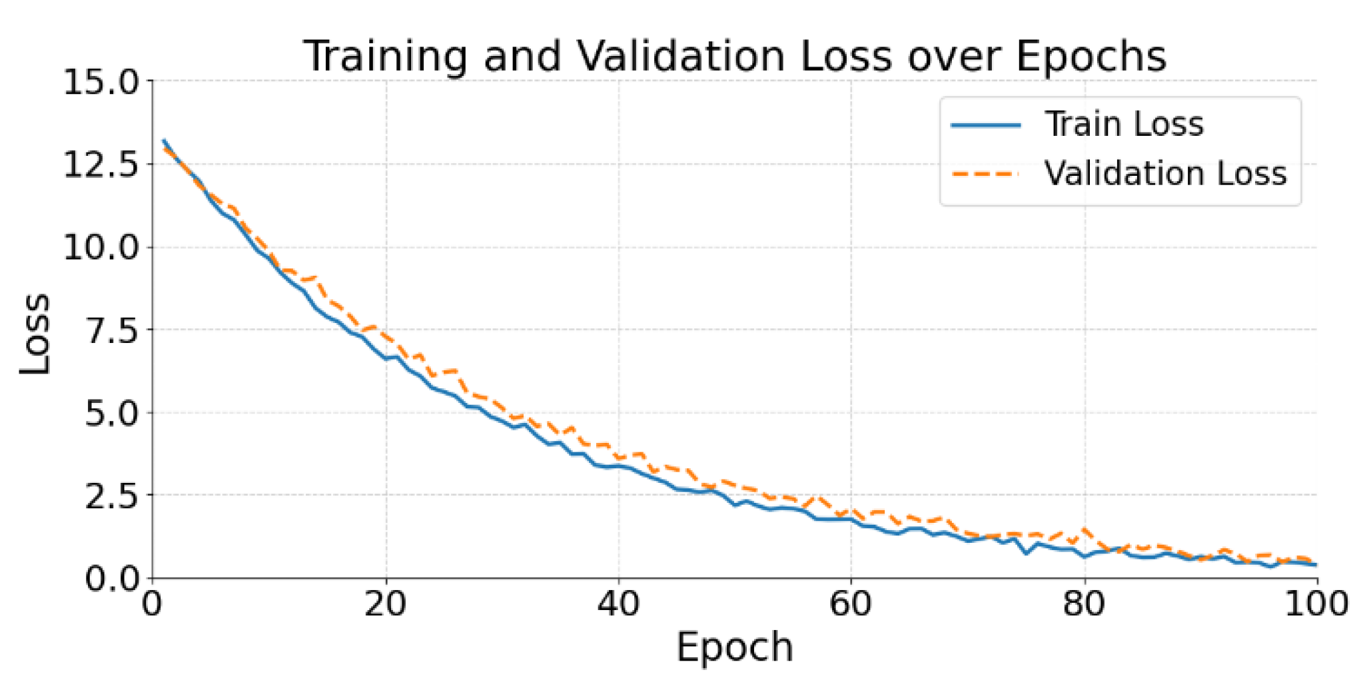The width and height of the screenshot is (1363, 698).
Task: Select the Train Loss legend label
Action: pos(1124,124)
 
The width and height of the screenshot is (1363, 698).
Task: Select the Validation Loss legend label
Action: pos(1165,173)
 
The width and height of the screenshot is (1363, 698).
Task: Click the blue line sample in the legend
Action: pos(986,125)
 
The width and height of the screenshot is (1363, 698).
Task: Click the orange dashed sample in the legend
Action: pos(986,174)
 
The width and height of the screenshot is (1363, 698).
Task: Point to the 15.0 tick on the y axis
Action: pos(101,83)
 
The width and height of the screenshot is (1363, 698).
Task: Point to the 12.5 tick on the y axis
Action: pos(101,165)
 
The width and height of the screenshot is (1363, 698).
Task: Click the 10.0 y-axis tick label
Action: pos(101,248)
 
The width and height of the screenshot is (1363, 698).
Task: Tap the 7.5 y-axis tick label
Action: pos(112,330)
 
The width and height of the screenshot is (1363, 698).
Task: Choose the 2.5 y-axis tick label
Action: pos(112,496)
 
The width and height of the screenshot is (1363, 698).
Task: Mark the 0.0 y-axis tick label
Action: pos(112,578)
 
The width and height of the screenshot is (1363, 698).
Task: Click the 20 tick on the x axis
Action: pos(386,604)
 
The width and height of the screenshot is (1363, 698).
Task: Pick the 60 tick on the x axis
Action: pos(851,604)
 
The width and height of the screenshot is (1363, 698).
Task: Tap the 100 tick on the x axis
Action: pos(1316,604)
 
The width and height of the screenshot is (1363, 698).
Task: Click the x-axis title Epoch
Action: pos(735,647)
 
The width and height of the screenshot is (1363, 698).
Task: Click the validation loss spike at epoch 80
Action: pos(1085,530)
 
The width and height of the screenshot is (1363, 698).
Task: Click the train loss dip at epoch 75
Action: pos(1027,553)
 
